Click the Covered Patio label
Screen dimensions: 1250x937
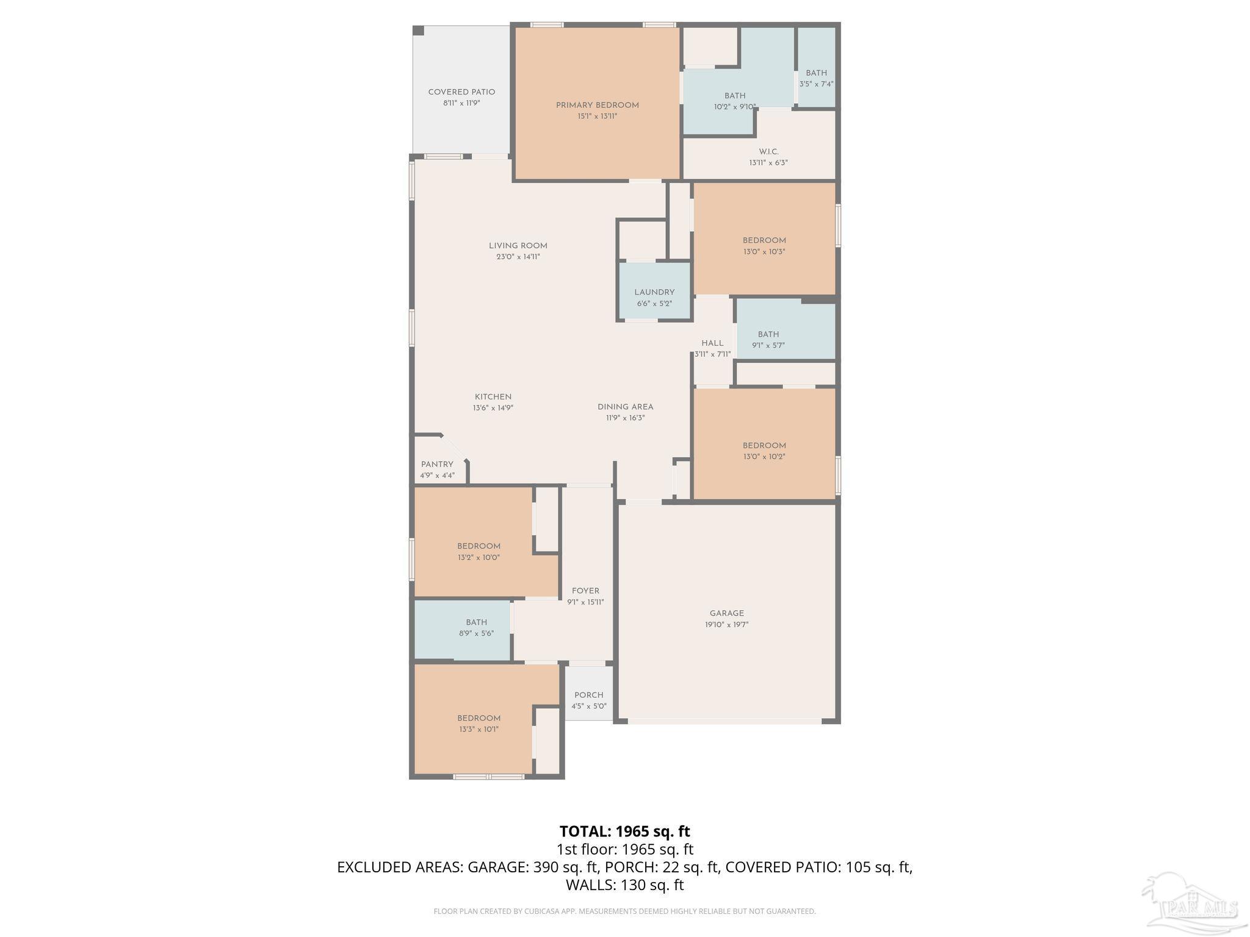pyautogui.click(x=461, y=92)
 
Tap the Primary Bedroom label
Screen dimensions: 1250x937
pyautogui.click(x=597, y=106)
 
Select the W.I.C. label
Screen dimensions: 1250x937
pyautogui.click(x=768, y=152)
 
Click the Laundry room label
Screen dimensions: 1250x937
pyautogui.click(x=654, y=292)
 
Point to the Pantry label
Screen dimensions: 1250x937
pyautogui.click(x=437, y=464)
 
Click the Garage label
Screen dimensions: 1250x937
pyautogui.click(x=726, y=614)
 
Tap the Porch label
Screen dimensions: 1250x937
pyautogui.click(x=588, y=695)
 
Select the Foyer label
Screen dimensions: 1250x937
pyautogui.click(x=585, y=591)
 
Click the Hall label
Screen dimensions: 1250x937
pyautogui.click(x=712, y=343)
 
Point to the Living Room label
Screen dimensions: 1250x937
pyautogui.click(x=518, y=246)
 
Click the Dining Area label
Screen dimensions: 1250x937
pyautogui.click(x=625, y=407)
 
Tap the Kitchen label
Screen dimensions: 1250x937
pyautogui.click(x=493, y=397)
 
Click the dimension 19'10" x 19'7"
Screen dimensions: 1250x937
pyautogui.click(x=726, y=625)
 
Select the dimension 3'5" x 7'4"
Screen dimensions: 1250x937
pyautogui.click(x=816, y=84)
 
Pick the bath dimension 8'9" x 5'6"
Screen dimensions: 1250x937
pyautogui.click(x=476, y=633)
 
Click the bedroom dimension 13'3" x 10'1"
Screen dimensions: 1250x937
pyautogui.click(x=479, y=729)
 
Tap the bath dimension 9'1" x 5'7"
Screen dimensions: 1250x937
pyautogui.click(x=768, y=345)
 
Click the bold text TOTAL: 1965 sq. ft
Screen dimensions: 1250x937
pyautogui.click(x=624, y=831)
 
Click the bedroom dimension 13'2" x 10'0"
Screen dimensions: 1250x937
pyautogui.click(x=479, y=557)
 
